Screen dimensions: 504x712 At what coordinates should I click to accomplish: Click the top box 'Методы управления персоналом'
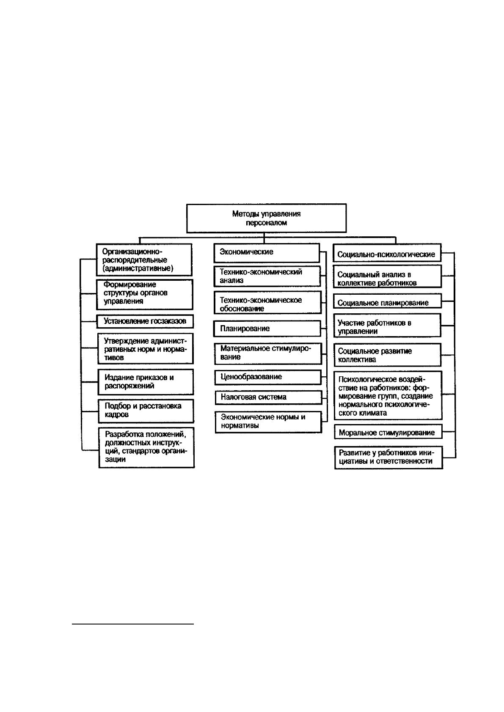(266, 218)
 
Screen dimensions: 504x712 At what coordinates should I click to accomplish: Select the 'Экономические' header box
(267, 253)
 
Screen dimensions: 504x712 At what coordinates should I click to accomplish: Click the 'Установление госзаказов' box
(145, 321)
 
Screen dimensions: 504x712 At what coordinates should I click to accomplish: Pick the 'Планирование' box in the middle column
(267, 329)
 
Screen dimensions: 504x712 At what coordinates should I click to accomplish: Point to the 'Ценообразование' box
(268, 377)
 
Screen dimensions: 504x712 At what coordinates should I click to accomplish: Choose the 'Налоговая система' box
(269, 397)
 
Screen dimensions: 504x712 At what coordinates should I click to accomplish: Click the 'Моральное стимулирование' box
(388, 432)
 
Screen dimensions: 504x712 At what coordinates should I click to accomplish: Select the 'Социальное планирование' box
(387, 301)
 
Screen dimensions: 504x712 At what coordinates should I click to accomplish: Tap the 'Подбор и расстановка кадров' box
(146, 411)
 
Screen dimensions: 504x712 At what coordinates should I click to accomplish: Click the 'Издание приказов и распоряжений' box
(146, 382)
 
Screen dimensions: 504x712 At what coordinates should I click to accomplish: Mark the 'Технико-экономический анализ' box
(267, 277)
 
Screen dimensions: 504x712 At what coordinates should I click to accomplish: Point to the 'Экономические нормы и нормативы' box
(269, 422)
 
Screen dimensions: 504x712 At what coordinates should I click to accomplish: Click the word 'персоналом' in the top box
(266, 223)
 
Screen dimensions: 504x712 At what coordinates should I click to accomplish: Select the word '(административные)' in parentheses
(138, 268)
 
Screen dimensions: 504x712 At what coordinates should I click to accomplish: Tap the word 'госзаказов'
(168, 321)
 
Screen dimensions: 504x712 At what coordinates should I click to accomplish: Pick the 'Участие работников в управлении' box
(387, 326)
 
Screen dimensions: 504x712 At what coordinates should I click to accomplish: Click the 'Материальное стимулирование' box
(268, 353)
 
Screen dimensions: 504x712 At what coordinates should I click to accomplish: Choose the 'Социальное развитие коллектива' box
(388, 355)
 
